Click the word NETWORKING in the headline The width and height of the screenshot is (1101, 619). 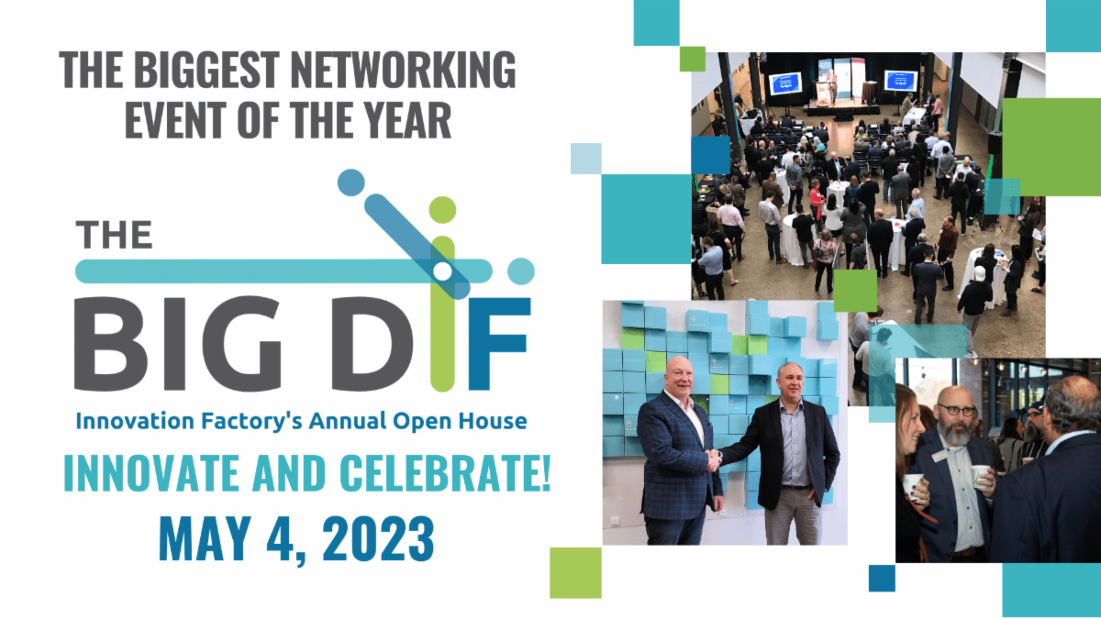point(403,70)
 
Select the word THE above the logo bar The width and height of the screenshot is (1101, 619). point(114,235)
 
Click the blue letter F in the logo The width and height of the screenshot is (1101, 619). point(499,344)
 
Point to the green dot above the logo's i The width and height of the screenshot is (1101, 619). point(442,210)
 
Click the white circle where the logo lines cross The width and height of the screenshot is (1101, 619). point(442,271)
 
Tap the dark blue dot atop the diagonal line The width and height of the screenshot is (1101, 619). point(350,182)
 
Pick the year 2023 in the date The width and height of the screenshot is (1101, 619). point(378,539)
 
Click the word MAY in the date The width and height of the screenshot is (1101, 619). point(202,539)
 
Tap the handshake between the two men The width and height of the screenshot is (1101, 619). point(713,459)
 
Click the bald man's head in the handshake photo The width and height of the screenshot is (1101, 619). point(679,377)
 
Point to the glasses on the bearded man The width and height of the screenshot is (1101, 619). point(956,410)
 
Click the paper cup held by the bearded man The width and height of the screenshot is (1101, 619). point(979,477)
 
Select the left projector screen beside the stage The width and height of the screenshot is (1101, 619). point(785,83)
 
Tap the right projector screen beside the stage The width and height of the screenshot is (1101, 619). point(901,81)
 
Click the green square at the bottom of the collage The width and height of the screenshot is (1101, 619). point(575,573)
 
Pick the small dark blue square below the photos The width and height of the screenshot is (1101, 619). point(882,579)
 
